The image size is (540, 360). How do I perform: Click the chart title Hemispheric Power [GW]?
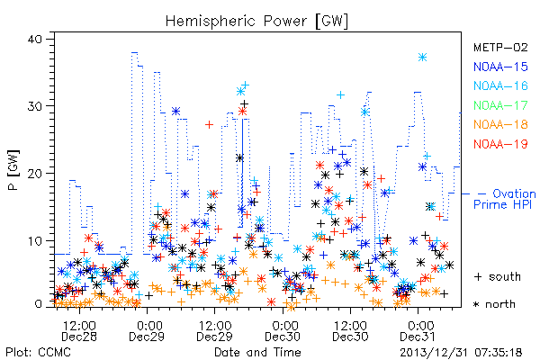coord(256,22)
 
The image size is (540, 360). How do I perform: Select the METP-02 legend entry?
coord(500,47)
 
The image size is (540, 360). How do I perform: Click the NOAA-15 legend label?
coord(500,67)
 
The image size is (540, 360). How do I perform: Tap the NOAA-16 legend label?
coord(500,85)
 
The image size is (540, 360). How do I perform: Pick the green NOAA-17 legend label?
coord(500,105)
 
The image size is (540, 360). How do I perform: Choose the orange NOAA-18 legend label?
coord(500,124)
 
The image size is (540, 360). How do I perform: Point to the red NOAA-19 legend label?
coord(500,144)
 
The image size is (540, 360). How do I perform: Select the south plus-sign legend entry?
coord(498,276)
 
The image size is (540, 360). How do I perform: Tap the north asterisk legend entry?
coord(494,304)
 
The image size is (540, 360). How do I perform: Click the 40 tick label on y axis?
coord(35,39)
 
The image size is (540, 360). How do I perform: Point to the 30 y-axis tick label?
coord(35,106)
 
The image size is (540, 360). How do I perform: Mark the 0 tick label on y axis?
coord(39,304)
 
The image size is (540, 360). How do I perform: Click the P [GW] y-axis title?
coord(13,170)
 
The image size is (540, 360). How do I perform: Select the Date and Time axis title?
coord(257,352)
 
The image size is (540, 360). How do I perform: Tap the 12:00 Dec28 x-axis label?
coord(79,330)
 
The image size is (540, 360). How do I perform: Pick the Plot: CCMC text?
coord(38,352)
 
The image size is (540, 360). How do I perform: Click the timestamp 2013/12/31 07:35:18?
coord(461,353)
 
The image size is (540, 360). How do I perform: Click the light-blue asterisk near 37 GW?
coord(423,58)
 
